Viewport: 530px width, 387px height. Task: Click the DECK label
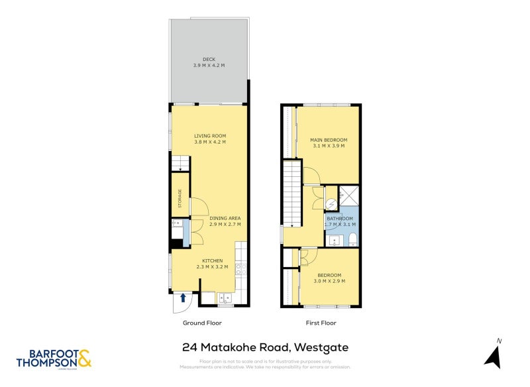[209, 60]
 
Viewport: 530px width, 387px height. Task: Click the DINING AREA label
[225, 218]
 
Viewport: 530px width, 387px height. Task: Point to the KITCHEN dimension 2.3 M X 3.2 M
[212, 266]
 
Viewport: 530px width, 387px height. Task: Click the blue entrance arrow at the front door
[183, 298]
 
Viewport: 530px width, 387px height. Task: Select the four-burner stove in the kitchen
[242, 268]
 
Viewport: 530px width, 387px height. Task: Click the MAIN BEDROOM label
[329, 140]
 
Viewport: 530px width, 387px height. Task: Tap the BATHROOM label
[339, 218]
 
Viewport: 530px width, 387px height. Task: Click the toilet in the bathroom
[352, 239]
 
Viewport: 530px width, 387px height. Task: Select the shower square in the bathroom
[348, 197]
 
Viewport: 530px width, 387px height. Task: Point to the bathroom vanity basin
[335, 240]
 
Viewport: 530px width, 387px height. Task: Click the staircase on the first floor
[293, 195]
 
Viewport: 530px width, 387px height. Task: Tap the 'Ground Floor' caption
[202, 323]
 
